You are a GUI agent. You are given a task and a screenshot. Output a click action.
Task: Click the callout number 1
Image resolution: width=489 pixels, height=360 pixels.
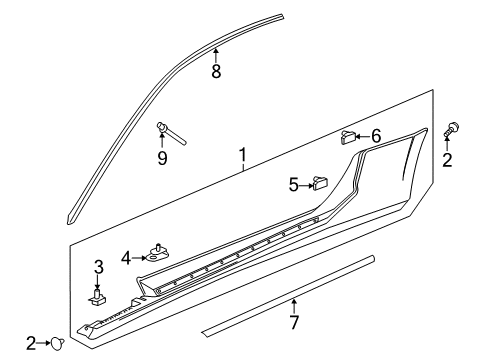[x=241, y=156]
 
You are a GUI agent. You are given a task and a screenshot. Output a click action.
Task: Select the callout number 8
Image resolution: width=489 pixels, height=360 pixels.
[x=216, y=72]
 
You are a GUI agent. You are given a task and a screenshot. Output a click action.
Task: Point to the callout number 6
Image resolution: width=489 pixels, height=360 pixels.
[x=376, y=136]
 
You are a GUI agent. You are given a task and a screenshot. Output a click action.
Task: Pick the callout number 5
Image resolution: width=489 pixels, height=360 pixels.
[x=294, y=184]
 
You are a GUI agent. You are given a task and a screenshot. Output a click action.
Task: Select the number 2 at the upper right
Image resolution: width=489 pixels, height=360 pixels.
[x=447, y=160]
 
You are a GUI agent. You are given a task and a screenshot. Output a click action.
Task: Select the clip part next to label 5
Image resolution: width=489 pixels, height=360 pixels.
[x=320, y=182]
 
